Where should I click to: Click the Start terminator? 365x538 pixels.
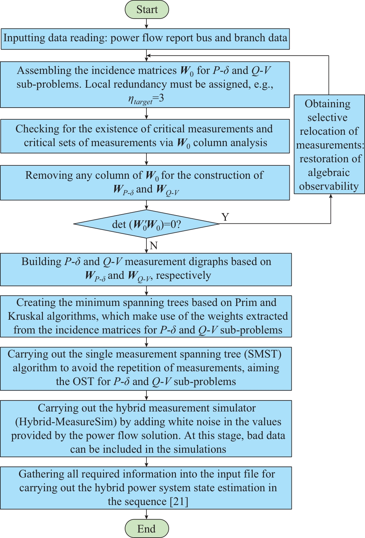(x=147, y=10)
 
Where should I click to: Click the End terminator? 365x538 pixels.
(x=147, y=529)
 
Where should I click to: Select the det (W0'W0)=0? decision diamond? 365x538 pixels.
(x=146, y=224)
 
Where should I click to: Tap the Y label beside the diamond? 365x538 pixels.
(x=225, y=217)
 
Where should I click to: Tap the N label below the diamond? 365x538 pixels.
(x=154, y=245)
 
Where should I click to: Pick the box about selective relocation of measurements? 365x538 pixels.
(x=329, y=144)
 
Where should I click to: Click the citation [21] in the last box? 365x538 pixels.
(x=179, y=502)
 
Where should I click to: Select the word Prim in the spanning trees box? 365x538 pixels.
(x=245, y=303)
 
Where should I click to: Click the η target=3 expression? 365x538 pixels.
(x=146, y=99)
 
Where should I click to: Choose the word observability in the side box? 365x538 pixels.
(x=329, y=186)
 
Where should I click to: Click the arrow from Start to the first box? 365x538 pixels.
(x=147, y=24)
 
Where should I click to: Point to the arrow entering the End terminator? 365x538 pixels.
(x=147, y=514)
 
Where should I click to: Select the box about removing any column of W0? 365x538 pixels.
(x=145, y=183)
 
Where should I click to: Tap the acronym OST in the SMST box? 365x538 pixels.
(x=82, y=382)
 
